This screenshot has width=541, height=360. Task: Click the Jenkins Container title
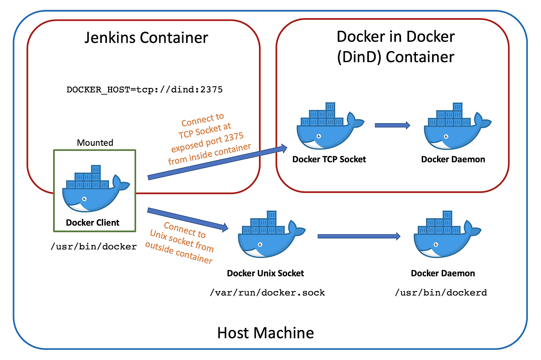(146, 38)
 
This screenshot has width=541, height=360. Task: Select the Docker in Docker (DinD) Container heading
(396, 46)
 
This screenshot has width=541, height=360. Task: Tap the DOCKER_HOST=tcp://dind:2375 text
(145, 90)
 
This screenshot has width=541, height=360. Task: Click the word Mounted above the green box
(95, 143)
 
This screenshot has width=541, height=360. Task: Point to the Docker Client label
(93, 223)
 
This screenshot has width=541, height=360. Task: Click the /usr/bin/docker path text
(93, 246)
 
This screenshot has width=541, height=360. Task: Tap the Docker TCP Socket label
(329, 159)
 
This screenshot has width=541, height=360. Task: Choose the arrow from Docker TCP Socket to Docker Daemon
(392, 125)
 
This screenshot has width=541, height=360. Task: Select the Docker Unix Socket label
(265, 273)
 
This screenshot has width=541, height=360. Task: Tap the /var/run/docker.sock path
(267, 292)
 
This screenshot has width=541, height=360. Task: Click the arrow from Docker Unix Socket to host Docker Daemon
(359, 236)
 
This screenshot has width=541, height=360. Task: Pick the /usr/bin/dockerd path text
(441, 292)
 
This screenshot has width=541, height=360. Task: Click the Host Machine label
(265, 333)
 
